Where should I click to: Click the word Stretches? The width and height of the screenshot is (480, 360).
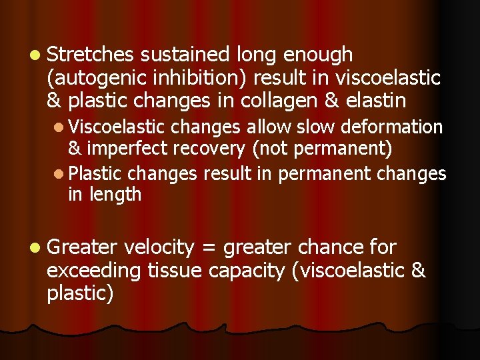pyautogui.click(x=90, y=55)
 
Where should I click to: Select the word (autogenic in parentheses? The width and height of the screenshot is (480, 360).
pyautogui.click(x=97, y=77)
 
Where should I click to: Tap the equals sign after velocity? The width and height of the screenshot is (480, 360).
pyautogui.click(x=209, y=249)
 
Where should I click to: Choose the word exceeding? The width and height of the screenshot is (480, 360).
pyautogui.click(x=93, y=271)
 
